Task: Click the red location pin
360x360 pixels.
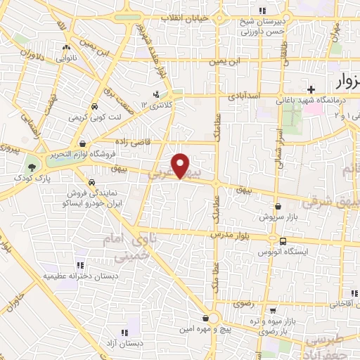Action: tap(182, 166)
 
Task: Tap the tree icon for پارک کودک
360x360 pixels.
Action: tap(32, 167)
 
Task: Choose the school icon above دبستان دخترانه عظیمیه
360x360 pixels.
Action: tap(80, 265)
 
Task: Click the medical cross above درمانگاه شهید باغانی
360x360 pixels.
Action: tap(311, 89)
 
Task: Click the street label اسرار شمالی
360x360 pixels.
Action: tap(279, 145)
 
